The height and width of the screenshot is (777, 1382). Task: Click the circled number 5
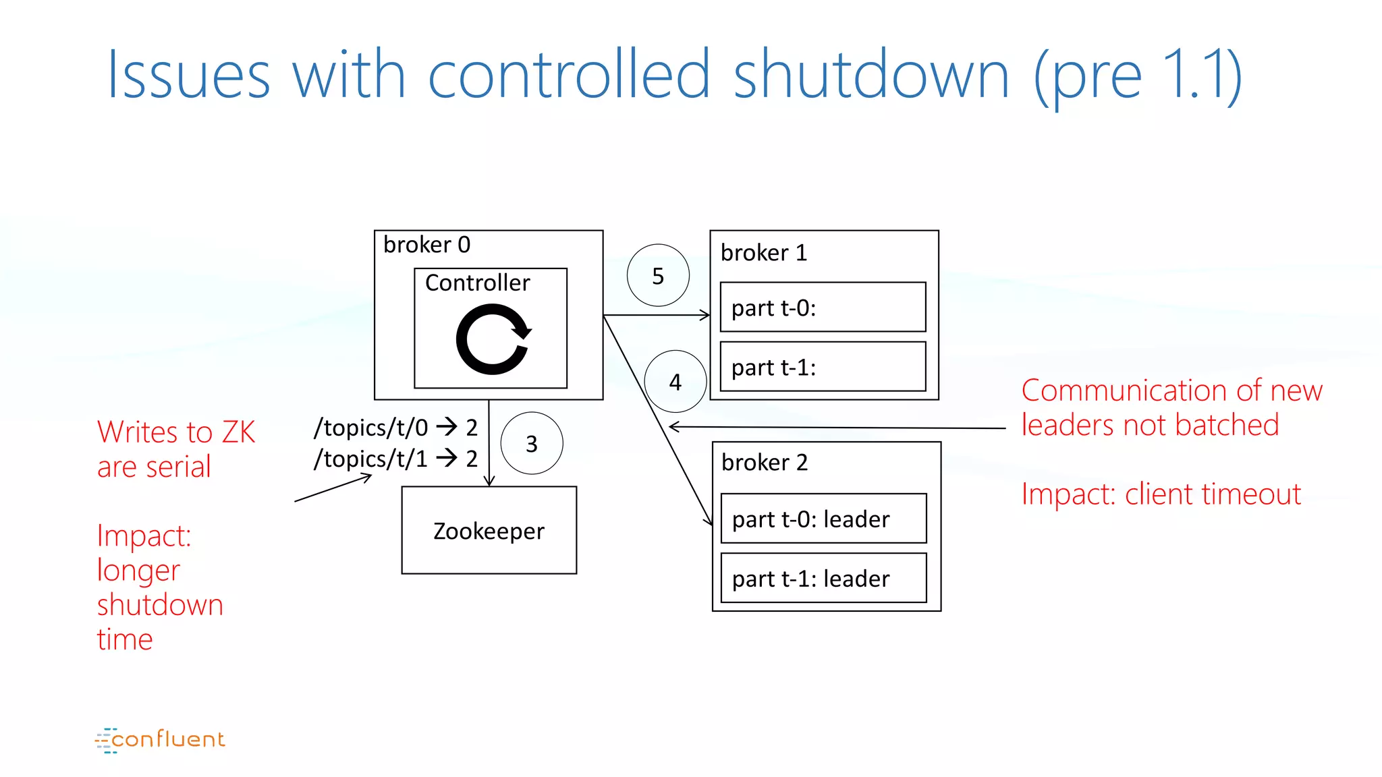(x=658, y=275)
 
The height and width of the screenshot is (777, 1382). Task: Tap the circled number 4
(x=675, y=382)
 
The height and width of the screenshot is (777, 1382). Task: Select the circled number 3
(x=532, y=443)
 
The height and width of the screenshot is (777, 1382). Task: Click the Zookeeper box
(x=489, y=530)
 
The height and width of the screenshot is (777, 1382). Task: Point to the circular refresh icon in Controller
(x=493, y=339)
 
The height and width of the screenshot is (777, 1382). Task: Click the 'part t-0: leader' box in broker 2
(x=823, y=519)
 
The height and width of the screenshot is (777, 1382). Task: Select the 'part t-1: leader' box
(x=823, y=578)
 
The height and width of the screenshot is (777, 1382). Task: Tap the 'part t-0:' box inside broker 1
(x=823, y=308)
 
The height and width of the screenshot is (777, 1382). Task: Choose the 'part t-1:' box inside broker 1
(x=823, y=367)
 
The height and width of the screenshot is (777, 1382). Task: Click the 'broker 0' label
(x=426, y=244)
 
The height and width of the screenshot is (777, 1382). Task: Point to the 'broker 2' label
(x=764, y=463)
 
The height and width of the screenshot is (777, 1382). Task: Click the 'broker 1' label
(x=763, y=253)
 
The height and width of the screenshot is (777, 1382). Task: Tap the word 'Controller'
(x=477, y=283)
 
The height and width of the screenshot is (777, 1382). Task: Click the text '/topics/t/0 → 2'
(x=395, y=428)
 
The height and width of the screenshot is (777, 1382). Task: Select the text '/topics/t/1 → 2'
(x=395, y=459)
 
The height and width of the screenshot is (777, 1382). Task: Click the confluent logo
(x=160, y=740)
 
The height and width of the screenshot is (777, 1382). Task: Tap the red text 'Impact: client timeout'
(x=1161, y=494)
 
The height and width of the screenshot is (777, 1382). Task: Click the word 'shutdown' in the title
(x=871, y=74)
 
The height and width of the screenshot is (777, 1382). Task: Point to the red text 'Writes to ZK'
(x=176, y=432)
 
